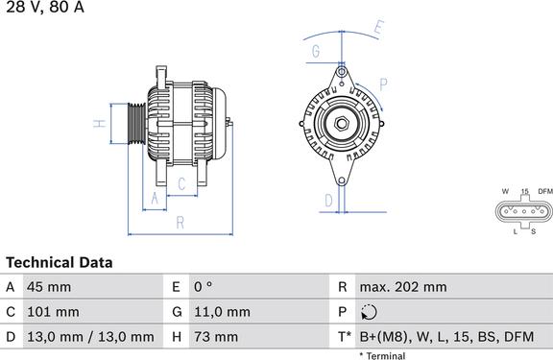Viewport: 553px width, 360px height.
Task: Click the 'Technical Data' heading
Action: coord(60,262)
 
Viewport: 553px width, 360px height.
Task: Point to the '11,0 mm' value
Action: coord(224,312)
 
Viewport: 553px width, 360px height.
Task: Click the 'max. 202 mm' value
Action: coord(402,287)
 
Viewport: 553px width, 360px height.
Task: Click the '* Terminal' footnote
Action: coord(382,355)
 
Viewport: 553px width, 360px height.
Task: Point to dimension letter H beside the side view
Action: coord(98,124)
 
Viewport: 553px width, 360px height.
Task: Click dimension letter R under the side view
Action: coord(180,224)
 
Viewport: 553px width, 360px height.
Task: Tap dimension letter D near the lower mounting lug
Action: coord(328,200)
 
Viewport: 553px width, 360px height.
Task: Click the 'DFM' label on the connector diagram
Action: coord(545,191)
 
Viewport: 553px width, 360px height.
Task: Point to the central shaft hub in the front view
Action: coord(341,123)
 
